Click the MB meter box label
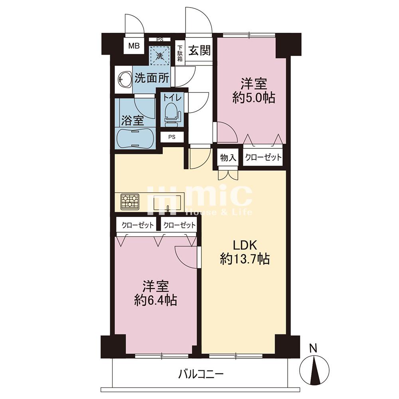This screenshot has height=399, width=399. (x=134, y=46)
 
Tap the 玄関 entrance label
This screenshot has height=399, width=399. (x=199, y=51)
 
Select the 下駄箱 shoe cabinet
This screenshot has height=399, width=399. (x=180, y=53)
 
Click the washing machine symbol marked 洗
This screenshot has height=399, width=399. (x=160, y=55)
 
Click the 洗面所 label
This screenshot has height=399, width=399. (x=152, y=78)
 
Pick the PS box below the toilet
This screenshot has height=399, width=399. (x=172, y=137)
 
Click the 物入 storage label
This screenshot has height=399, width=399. (x=228, y=158)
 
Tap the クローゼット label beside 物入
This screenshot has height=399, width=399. (x=263, y=157)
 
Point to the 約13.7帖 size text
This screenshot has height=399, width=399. (x=245, y=259)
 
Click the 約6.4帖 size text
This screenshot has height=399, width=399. (x=156, y=300)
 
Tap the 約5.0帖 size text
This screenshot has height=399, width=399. (x=254, y=97)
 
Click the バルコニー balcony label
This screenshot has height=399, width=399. (x=201, y=374)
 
